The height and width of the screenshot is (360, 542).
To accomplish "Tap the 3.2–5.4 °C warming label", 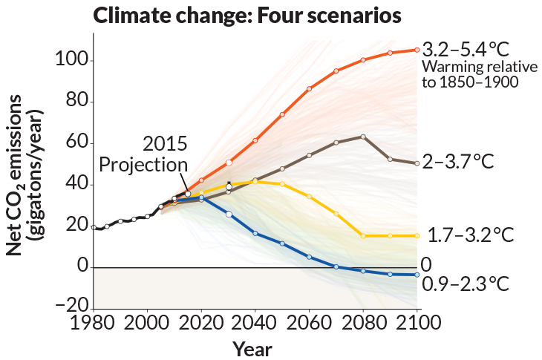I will click(x=466, y=50).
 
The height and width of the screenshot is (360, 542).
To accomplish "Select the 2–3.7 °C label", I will click(x=458, y=162).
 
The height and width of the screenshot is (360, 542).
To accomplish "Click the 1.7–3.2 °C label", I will click(x=471, y=235).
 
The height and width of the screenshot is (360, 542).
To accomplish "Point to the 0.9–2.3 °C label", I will click(x=466, y=284).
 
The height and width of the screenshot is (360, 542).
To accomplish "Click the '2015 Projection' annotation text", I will click(x=144, y=154).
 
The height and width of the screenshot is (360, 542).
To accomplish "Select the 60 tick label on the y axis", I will click(x=73, y=142).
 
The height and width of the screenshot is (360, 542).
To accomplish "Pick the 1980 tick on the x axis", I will click(x=92, y=324).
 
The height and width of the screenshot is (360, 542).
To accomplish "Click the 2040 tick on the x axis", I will click(x=255, y=324).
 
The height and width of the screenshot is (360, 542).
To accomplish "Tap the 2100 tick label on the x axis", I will click(x=417, y=324).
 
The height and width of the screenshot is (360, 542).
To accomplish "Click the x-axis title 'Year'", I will click(x=252, y=349).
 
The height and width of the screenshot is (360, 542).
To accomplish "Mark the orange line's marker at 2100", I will click(x=417, y=50).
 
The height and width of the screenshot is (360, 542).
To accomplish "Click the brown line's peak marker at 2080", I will click(x=363, y=137).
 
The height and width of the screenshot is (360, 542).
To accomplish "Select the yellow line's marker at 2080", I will click(x=363, y=235).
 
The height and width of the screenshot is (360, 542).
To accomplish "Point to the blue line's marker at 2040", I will click(x=255, y=233).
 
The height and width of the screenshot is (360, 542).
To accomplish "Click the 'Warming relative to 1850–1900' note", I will click(x=469, y=74).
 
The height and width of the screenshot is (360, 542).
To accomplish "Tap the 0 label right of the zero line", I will click(x=426, y=264).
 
